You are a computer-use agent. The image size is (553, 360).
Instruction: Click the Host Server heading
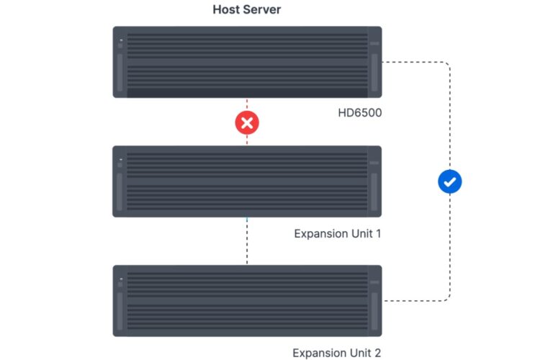click(247, 10)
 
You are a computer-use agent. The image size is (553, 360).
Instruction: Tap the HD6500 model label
click(359, 113)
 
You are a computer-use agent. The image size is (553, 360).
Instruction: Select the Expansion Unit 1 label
click(337, 233)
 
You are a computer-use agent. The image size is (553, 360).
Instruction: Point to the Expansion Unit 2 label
click(336, 353)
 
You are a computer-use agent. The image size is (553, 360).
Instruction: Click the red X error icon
click(247, 123)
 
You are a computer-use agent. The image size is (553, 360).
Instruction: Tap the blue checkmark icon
click(450, 182)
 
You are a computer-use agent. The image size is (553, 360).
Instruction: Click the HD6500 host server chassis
click(247, 62)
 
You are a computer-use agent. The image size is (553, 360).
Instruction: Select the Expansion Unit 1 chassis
click(247, 181)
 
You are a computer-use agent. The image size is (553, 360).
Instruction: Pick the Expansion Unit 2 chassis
click(247, 300)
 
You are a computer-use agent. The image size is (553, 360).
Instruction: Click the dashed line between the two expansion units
click(247, 241)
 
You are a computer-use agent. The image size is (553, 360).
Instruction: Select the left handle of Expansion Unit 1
click(120, 190)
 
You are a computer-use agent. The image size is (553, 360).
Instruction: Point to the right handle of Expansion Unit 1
click(374, 190)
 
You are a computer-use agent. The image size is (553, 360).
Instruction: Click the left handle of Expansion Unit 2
click(120, 310)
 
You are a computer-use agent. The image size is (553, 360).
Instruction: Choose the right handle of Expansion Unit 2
click(374, 310)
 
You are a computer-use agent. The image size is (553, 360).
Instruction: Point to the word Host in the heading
click(226, 10)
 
